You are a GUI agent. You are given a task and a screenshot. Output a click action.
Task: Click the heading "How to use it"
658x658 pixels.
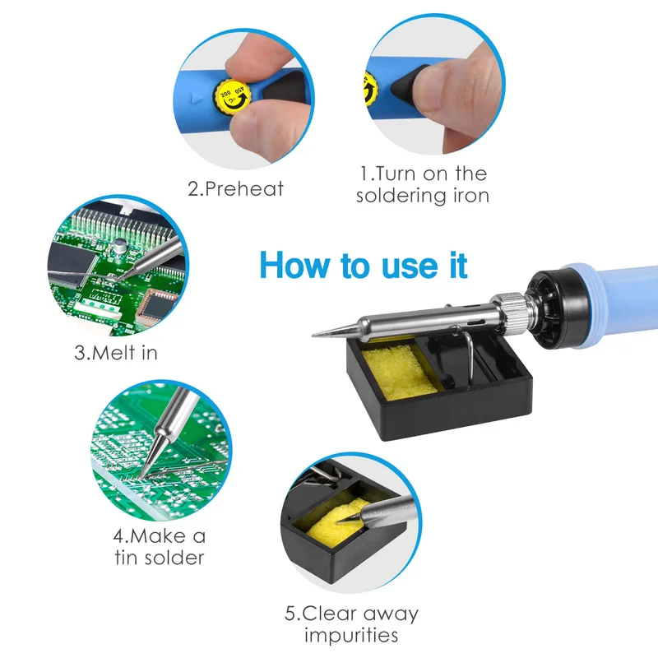(364, 265)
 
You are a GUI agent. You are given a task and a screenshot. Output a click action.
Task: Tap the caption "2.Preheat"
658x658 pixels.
(235, 189)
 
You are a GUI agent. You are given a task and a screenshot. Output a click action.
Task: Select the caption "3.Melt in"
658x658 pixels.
(116, 353)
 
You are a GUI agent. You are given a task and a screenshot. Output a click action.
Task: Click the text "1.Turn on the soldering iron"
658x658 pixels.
(423, 184)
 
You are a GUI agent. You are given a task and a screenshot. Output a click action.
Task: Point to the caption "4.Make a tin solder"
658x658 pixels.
(160, 547)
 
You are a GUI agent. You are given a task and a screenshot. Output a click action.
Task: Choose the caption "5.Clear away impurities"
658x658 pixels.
(352, 624)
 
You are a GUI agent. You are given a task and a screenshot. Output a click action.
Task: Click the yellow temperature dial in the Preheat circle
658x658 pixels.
(232, 97)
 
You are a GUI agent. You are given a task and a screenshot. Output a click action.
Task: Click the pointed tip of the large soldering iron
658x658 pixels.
(313, 335)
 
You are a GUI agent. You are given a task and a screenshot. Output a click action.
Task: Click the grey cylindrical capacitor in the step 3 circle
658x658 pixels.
(119, 245)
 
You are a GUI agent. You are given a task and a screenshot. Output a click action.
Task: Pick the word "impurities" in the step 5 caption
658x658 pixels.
(351, 635)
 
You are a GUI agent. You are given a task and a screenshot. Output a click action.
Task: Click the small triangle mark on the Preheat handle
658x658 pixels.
(197, 99)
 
